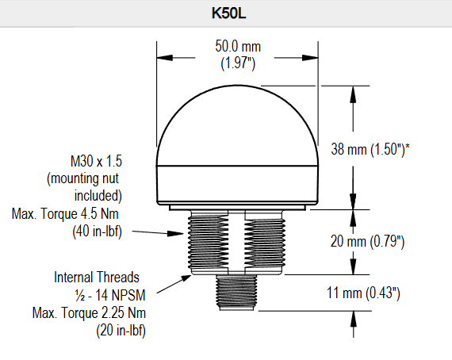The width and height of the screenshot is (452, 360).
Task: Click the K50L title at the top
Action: coord(228,13)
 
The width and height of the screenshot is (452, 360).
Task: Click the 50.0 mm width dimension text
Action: coord(238,47)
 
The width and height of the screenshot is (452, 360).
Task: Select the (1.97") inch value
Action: coord(238,63)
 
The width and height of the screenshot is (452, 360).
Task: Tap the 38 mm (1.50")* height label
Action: coord(370,149)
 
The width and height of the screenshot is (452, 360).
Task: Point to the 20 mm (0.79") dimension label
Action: coord(367,241)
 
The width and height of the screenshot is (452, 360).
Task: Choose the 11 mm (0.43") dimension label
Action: coord(363,293)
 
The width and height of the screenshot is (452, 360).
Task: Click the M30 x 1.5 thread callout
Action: coord(96,161)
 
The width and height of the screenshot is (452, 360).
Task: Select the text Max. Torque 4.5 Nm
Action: coord(65,214)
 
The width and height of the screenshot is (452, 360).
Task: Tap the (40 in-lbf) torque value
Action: coord(98,232)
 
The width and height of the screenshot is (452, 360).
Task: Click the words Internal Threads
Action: coord(97,278)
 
